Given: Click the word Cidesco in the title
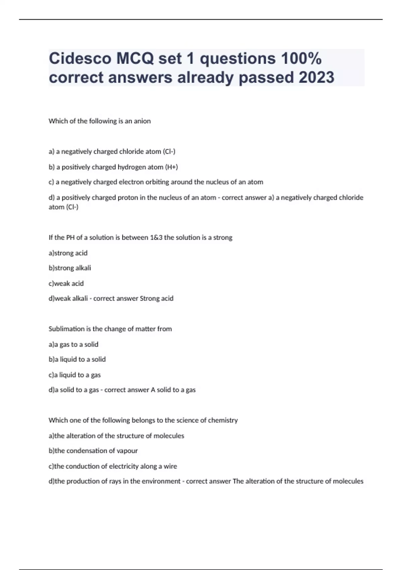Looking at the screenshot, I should pos(80,59).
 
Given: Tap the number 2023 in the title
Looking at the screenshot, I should pos(316,77).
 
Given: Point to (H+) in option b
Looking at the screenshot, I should pos(171,167).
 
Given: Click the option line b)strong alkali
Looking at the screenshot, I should pos(70,268).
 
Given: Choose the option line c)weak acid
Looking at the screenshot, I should pos(66,283).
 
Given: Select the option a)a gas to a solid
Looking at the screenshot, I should pos(73,344).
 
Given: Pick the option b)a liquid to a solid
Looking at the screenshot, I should pos(77,359).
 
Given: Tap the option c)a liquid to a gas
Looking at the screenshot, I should pos(74,375).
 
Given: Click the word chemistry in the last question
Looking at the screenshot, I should pos(223,420).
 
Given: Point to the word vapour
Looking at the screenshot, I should pos(127,451).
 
